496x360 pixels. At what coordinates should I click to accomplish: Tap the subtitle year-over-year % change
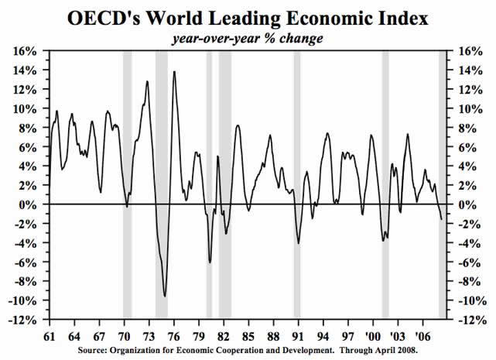click(248, 37)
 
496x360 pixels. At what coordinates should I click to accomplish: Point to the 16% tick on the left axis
click(26, 51)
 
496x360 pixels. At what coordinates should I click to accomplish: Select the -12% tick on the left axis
click(24, 320)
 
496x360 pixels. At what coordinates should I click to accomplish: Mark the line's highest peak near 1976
click(174, 72)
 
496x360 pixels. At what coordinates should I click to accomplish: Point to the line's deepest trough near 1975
click(165, 296)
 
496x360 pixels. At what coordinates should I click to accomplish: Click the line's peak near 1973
click(147, 81)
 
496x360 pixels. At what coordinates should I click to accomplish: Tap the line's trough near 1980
click(209, 262)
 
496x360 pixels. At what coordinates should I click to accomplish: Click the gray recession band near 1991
click(296, 186)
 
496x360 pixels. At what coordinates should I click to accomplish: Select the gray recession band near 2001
click(385, 186)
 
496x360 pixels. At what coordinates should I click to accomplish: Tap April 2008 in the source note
click(397, 352)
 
